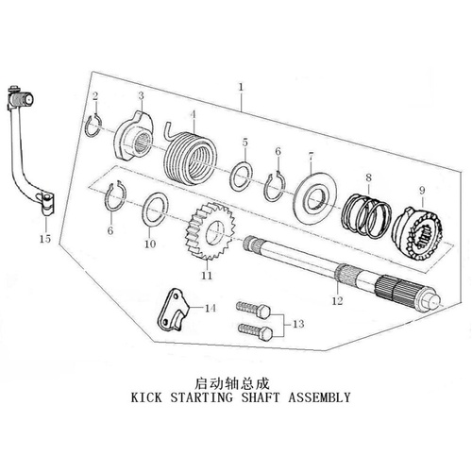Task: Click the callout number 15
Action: pyautogui.click(x=45, y=239)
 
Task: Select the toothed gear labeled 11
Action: pyautogui.click(x=208, y=231)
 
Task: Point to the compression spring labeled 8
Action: pyautogui.click(x=366, y=216)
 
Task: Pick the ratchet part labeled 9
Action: pyautogui.click(x=418, y=234)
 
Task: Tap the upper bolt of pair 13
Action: pyautogui.click(x=254, y=311)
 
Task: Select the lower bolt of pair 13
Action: pyautogui.click(x=255, y=331)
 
